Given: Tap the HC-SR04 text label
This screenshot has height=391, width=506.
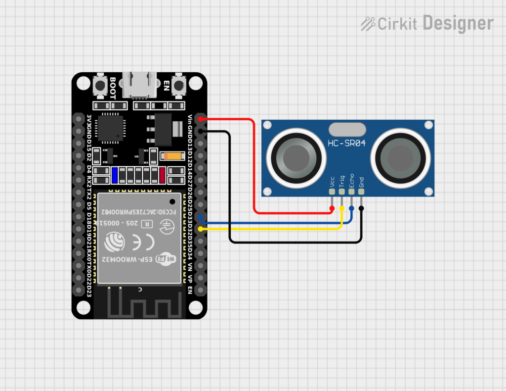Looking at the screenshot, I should pos(347,144).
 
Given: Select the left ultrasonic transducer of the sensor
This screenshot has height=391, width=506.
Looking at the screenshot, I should pos(296,158).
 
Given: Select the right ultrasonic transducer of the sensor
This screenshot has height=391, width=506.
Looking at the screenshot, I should pos(401,158).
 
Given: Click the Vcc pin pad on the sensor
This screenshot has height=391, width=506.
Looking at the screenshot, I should pos(332,192).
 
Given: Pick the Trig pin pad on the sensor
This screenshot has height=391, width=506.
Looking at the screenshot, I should pos(342,192).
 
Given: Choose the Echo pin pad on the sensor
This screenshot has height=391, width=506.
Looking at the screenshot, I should pos(352,192).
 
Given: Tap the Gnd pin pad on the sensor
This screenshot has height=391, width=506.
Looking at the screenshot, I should pos(362,192).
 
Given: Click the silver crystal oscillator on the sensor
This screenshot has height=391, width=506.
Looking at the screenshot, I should pos(347,130).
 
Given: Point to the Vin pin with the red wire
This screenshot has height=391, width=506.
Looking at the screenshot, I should pos(200,119).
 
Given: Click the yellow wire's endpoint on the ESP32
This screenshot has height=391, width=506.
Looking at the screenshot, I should pos(200,229).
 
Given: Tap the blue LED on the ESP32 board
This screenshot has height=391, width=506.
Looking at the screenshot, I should pos(115,175).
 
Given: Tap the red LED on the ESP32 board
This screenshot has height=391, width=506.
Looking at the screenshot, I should pos(162,175).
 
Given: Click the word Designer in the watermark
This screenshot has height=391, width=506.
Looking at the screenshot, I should pos(458,23).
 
